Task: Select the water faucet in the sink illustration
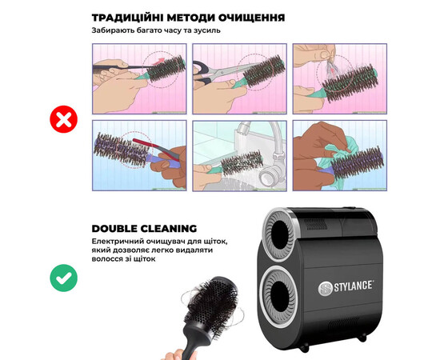pyautogui.click(x=265, y=140)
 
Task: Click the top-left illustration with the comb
pyautogui.click(x=139, y=78)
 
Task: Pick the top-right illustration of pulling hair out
pyautogui.click(x=339, y=78)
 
